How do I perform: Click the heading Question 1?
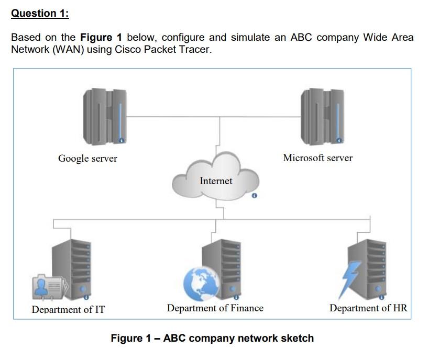point(40,14)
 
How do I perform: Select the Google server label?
point(87,159)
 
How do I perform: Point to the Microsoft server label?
point(317,158)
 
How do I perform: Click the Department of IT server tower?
point(72,267)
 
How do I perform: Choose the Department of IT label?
point(68,309)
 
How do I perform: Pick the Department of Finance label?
point(215,308)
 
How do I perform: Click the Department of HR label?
point(368,308)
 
